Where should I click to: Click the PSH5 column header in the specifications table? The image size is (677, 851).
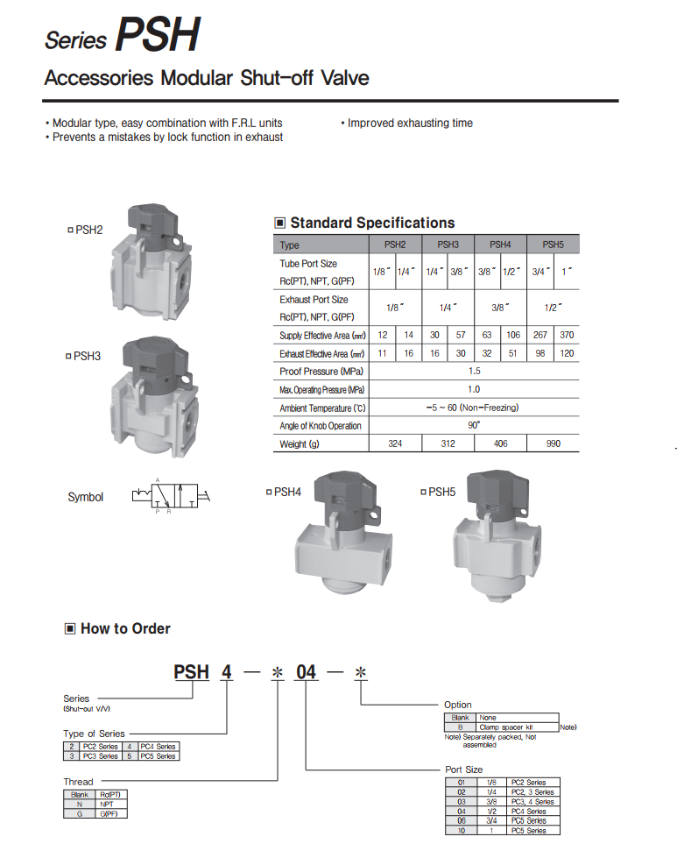point(553,245)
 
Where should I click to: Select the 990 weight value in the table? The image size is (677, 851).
point(553,444)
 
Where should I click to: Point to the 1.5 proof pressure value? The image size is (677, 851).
point(474,371)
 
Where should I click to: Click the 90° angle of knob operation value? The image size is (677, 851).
point(474,425)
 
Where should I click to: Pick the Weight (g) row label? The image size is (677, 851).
point(293,444)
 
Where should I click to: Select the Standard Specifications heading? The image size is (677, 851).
point(372,223)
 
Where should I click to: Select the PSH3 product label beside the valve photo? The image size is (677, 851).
point(88,356)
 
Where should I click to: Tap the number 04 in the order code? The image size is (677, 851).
point(307,672)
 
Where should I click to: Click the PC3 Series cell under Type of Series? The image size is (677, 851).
point(101,755)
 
